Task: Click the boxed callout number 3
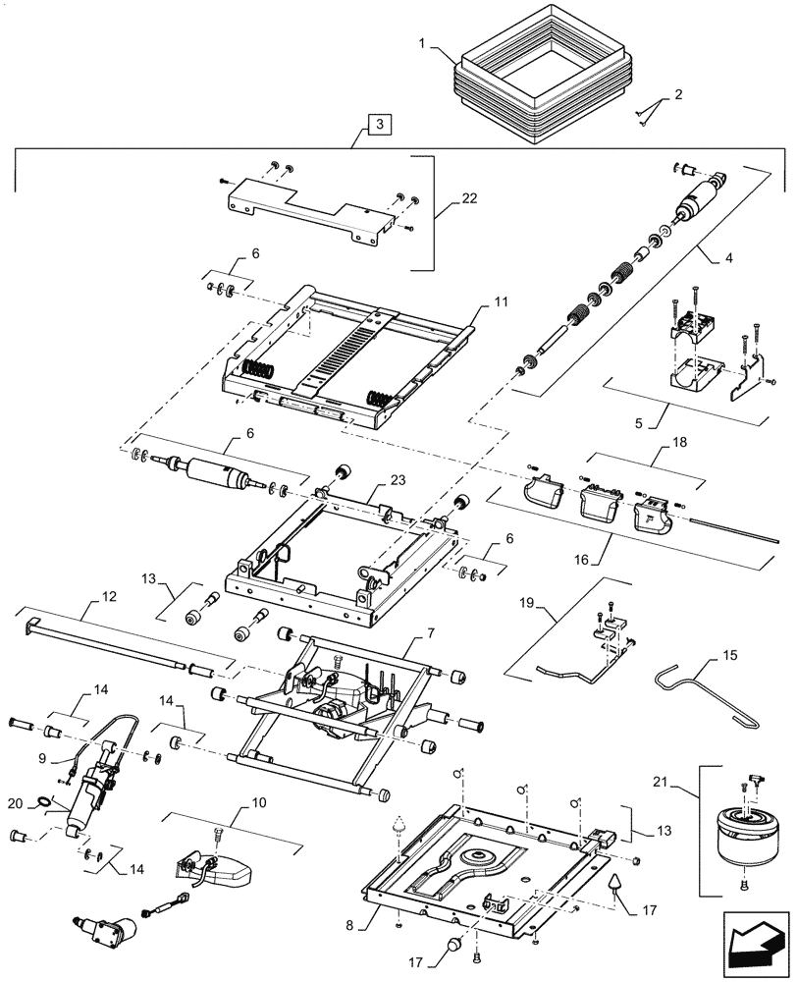(380, 124)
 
